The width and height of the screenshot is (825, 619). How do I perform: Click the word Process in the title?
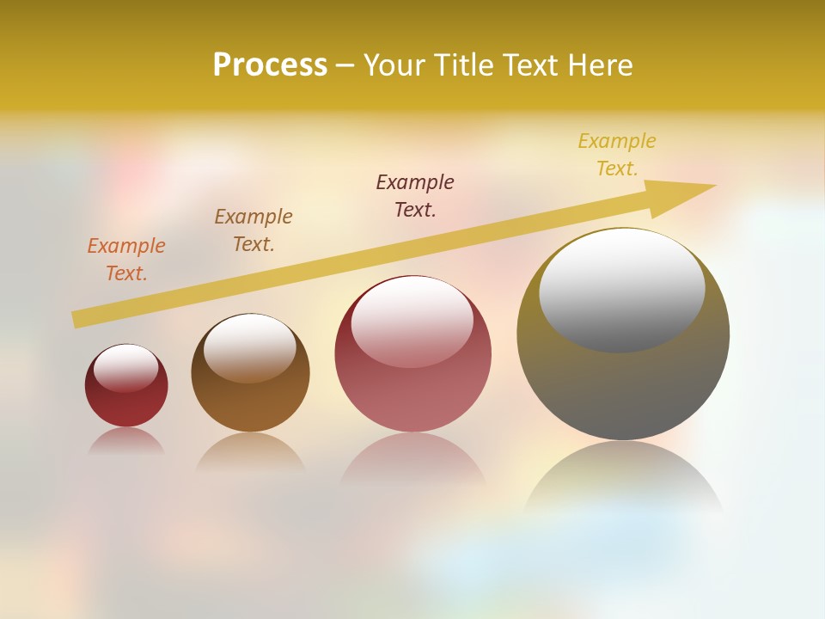coord(270,65)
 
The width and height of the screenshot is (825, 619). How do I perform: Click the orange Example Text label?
coord(126,260)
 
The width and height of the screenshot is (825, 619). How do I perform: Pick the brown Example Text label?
coord(254,230)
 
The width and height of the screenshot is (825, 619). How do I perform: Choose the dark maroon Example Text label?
coord(415,196)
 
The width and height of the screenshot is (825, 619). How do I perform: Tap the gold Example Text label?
coord(617,155)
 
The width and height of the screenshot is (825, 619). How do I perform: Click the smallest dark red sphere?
coord(126,404)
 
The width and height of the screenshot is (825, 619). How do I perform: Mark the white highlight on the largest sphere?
coord(621,288)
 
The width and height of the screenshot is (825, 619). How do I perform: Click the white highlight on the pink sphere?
coord(412,320)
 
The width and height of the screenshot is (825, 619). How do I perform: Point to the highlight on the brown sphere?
coord(249,346)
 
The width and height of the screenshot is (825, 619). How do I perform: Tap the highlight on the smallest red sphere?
coord(126,368)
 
